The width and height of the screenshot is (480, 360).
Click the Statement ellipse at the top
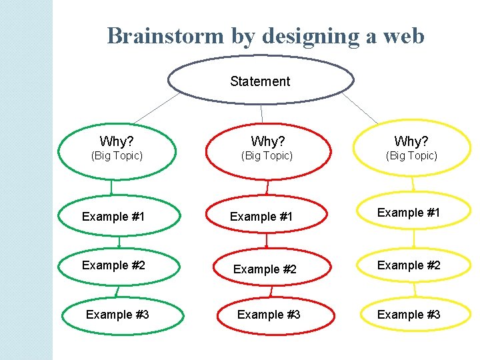[260, 81]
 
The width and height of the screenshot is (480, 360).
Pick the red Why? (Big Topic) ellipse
[268, 150]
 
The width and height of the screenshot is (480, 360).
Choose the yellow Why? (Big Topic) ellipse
[412, 149]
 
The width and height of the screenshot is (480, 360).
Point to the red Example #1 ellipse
[268, 217]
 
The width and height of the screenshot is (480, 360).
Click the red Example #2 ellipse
[268, 269]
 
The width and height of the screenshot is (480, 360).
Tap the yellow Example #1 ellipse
[413, 213]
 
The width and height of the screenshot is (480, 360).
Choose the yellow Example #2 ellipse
[413, 265]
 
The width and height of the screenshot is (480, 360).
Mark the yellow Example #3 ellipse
[413, 315]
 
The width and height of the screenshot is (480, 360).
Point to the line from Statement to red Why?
[261, 114]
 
